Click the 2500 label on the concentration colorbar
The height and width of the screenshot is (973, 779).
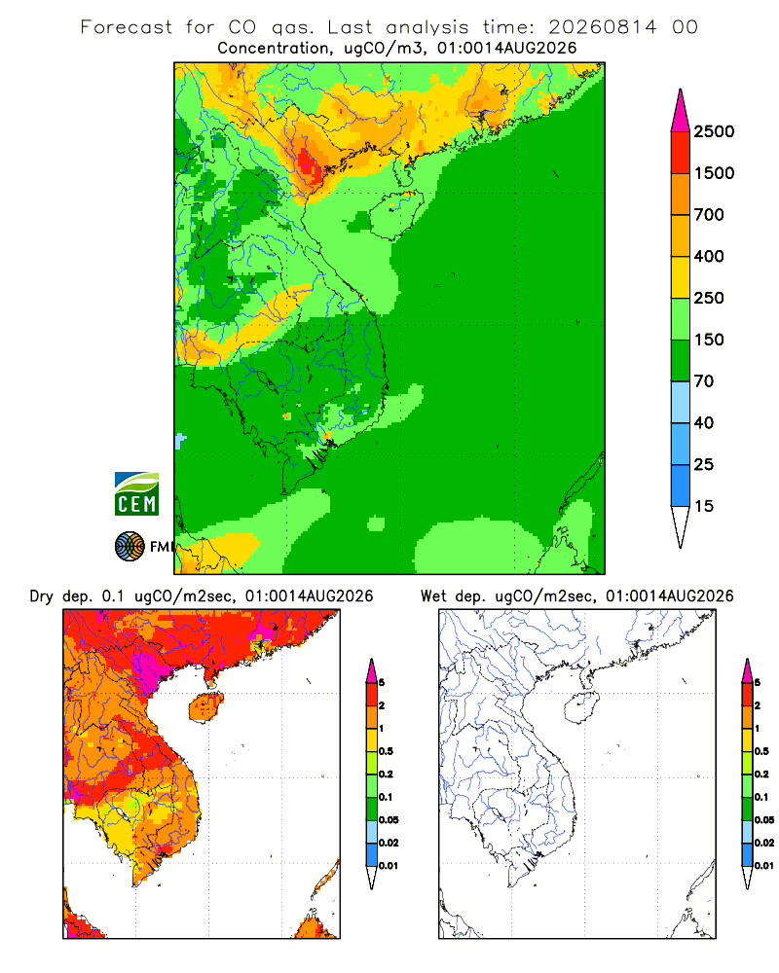pyautogui.click(x=714, y=131)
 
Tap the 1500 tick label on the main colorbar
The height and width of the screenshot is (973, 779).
pyautogui.click(x=714, y=173)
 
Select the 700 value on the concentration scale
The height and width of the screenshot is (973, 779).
pyautogui.click(x=709, y=215)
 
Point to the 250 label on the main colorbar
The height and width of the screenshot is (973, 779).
pyautogui.click(x=709, y=298)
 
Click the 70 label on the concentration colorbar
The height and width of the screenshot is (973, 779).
pyautogui.click(x=704, y=381)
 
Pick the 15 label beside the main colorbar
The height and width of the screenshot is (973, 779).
pyautogui.click(x=704, y=506)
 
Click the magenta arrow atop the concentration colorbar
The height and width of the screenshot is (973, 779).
pyautogui.click(x=681, y=111)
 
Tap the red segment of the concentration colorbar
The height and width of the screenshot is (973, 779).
pyautogui.click(x=681, y=153)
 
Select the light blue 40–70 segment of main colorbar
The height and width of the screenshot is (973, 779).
pyautogui.click(x=681, y=402)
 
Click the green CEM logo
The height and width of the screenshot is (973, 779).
pyautogui.click(x=136, y=494)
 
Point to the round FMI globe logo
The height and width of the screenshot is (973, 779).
pyautogui.click(x=130, y=547)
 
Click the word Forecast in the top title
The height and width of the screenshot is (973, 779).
pyautogui.click(x=127, y=27)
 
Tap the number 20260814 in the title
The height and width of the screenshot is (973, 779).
pyautogui.click(x=603, y=27)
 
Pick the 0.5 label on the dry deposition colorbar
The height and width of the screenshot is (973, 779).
pyautogui.click(x=386, y=751)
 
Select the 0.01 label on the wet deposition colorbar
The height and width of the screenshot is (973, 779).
pyautogui.click(x=764, y=866)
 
